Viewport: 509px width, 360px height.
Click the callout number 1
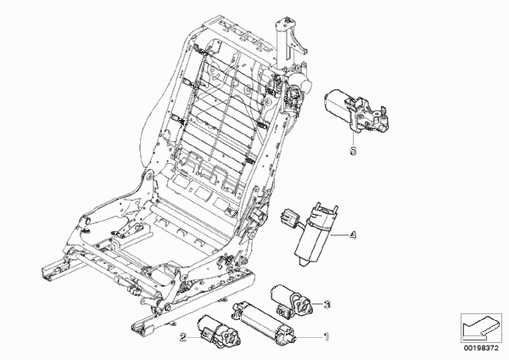coord(327,337)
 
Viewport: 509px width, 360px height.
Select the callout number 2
coord(183,338)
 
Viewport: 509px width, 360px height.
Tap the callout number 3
coord(327,305)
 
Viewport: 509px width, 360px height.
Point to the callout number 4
coord(353,235)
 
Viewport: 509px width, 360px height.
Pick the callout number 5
coord(353,151)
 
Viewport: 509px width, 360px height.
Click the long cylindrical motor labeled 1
coord(264,323)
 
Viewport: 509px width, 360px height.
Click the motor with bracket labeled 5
coord(357,111)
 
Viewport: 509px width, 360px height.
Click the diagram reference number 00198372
coord(481,348)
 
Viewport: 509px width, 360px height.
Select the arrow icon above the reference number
coord(480,328)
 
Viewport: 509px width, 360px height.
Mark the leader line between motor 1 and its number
coord(309,337)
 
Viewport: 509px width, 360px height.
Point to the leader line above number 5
coord(353,139)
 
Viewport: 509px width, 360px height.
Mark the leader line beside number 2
coord(196,338)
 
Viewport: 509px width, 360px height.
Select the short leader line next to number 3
coord(318,305)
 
